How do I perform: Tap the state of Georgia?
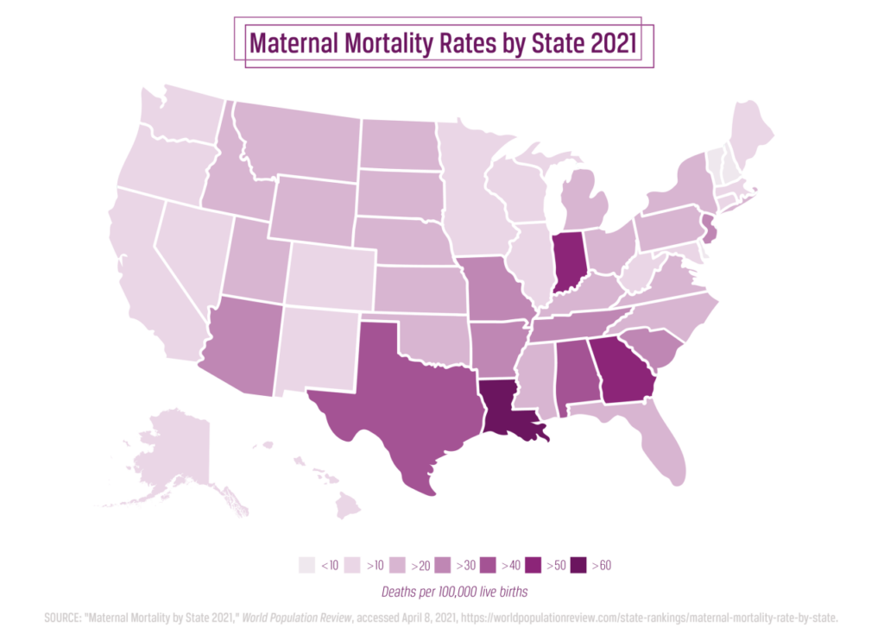tap(622, 369)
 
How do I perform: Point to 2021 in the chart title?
tap(612, 42)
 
